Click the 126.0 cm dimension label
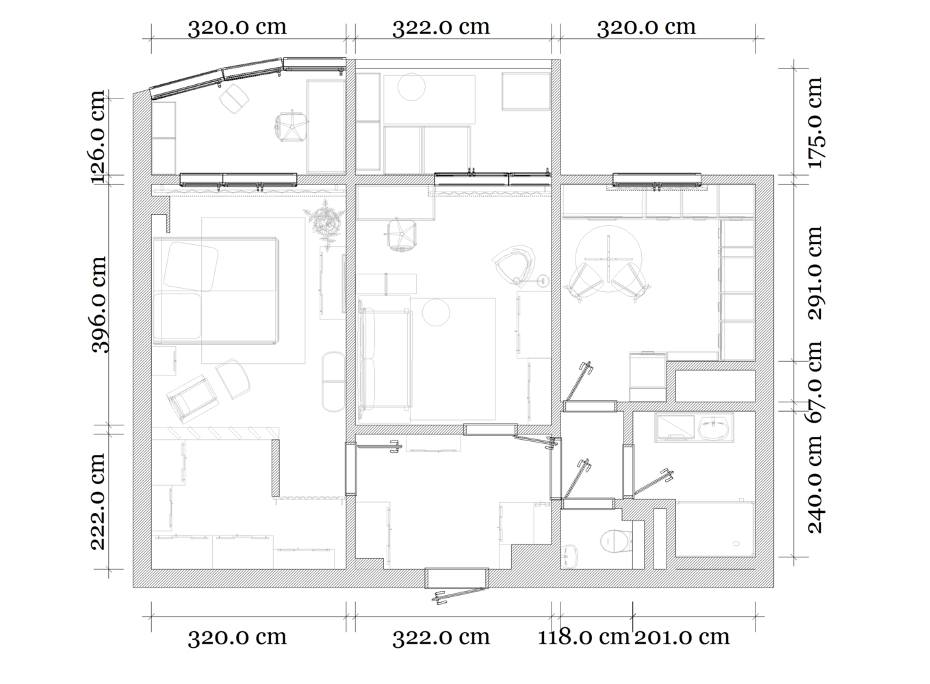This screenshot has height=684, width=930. point(99,136)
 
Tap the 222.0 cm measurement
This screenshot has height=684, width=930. point(99,501)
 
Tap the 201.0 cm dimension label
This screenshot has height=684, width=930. point(682,637)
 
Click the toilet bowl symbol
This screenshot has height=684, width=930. point(617,541)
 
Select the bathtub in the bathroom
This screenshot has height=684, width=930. point(715,529)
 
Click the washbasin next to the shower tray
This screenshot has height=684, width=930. point(714,427)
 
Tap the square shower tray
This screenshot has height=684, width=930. point(675,428)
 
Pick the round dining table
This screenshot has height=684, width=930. point(608,259)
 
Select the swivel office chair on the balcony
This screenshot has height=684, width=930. point(292,125)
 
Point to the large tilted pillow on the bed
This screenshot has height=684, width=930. point(190,267)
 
